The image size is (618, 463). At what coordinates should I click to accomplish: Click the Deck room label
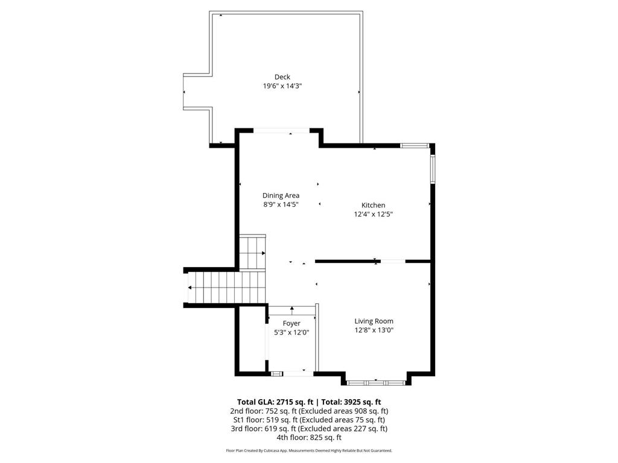click(282, 77)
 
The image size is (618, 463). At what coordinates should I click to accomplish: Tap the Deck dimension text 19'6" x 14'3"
click(282, 86)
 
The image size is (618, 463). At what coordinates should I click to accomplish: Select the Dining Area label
click(281, 195)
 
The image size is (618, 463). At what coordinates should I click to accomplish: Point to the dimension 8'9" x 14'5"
click(281, 204)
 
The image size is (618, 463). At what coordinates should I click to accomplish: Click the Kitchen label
click(373, 205)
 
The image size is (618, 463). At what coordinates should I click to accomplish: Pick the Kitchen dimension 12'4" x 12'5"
click(374, 214)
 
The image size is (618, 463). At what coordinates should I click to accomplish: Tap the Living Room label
click(374, 321)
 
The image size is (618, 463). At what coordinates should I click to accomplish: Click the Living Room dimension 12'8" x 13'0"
click(374, 330)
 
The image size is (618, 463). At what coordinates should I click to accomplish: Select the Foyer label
click(291, 324)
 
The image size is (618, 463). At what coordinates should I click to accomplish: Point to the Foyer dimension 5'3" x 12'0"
click(291, 333)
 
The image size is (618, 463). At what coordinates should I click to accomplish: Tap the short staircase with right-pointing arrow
click(253, 253)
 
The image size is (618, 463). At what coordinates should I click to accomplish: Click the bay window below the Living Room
click(375, 382)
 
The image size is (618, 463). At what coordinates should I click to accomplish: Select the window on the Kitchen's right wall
click(432, 169)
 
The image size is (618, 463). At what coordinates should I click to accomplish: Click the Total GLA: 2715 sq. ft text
click(275, 402)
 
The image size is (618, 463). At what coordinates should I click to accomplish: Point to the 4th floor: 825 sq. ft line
click(309, 438)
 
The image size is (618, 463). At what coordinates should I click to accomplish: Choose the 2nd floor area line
click(309, 411)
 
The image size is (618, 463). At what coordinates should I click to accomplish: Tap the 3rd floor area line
click(309, 429)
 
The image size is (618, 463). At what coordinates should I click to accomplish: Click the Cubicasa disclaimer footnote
click(309, 450)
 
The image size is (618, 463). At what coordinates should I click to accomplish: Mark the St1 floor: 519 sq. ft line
click(309, 420)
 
